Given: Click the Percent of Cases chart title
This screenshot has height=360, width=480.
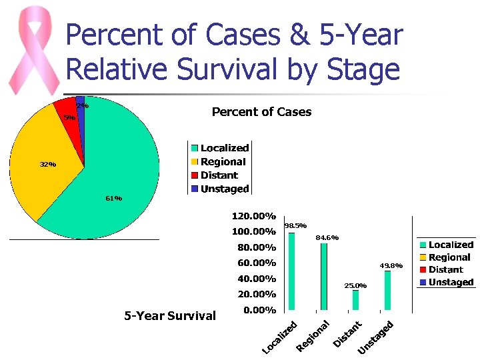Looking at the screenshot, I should [x=261, y=112].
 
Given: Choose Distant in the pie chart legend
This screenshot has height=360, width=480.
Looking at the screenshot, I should [x=219, y=175].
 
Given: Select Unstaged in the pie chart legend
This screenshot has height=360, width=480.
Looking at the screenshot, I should [x=224, y=189].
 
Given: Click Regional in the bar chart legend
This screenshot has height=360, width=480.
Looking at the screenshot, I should [x=449, y=257].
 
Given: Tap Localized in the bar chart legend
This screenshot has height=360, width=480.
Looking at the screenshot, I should [x=450, y=245].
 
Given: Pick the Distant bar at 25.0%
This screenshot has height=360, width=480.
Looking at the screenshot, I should [x=355, y=300].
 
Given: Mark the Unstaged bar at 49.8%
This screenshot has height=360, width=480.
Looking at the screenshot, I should [x=387, y=290].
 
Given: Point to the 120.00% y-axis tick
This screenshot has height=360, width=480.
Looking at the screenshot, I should [x=253, y=216].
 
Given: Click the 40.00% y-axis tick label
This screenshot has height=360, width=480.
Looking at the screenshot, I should [x=256, y=279].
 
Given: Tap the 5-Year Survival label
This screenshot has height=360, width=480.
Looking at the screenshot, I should [x=170, y=316].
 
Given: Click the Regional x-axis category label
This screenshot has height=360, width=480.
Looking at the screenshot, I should [x=313, y=335].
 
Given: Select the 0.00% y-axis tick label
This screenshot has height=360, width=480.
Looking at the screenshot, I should [x=259, y=310].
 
